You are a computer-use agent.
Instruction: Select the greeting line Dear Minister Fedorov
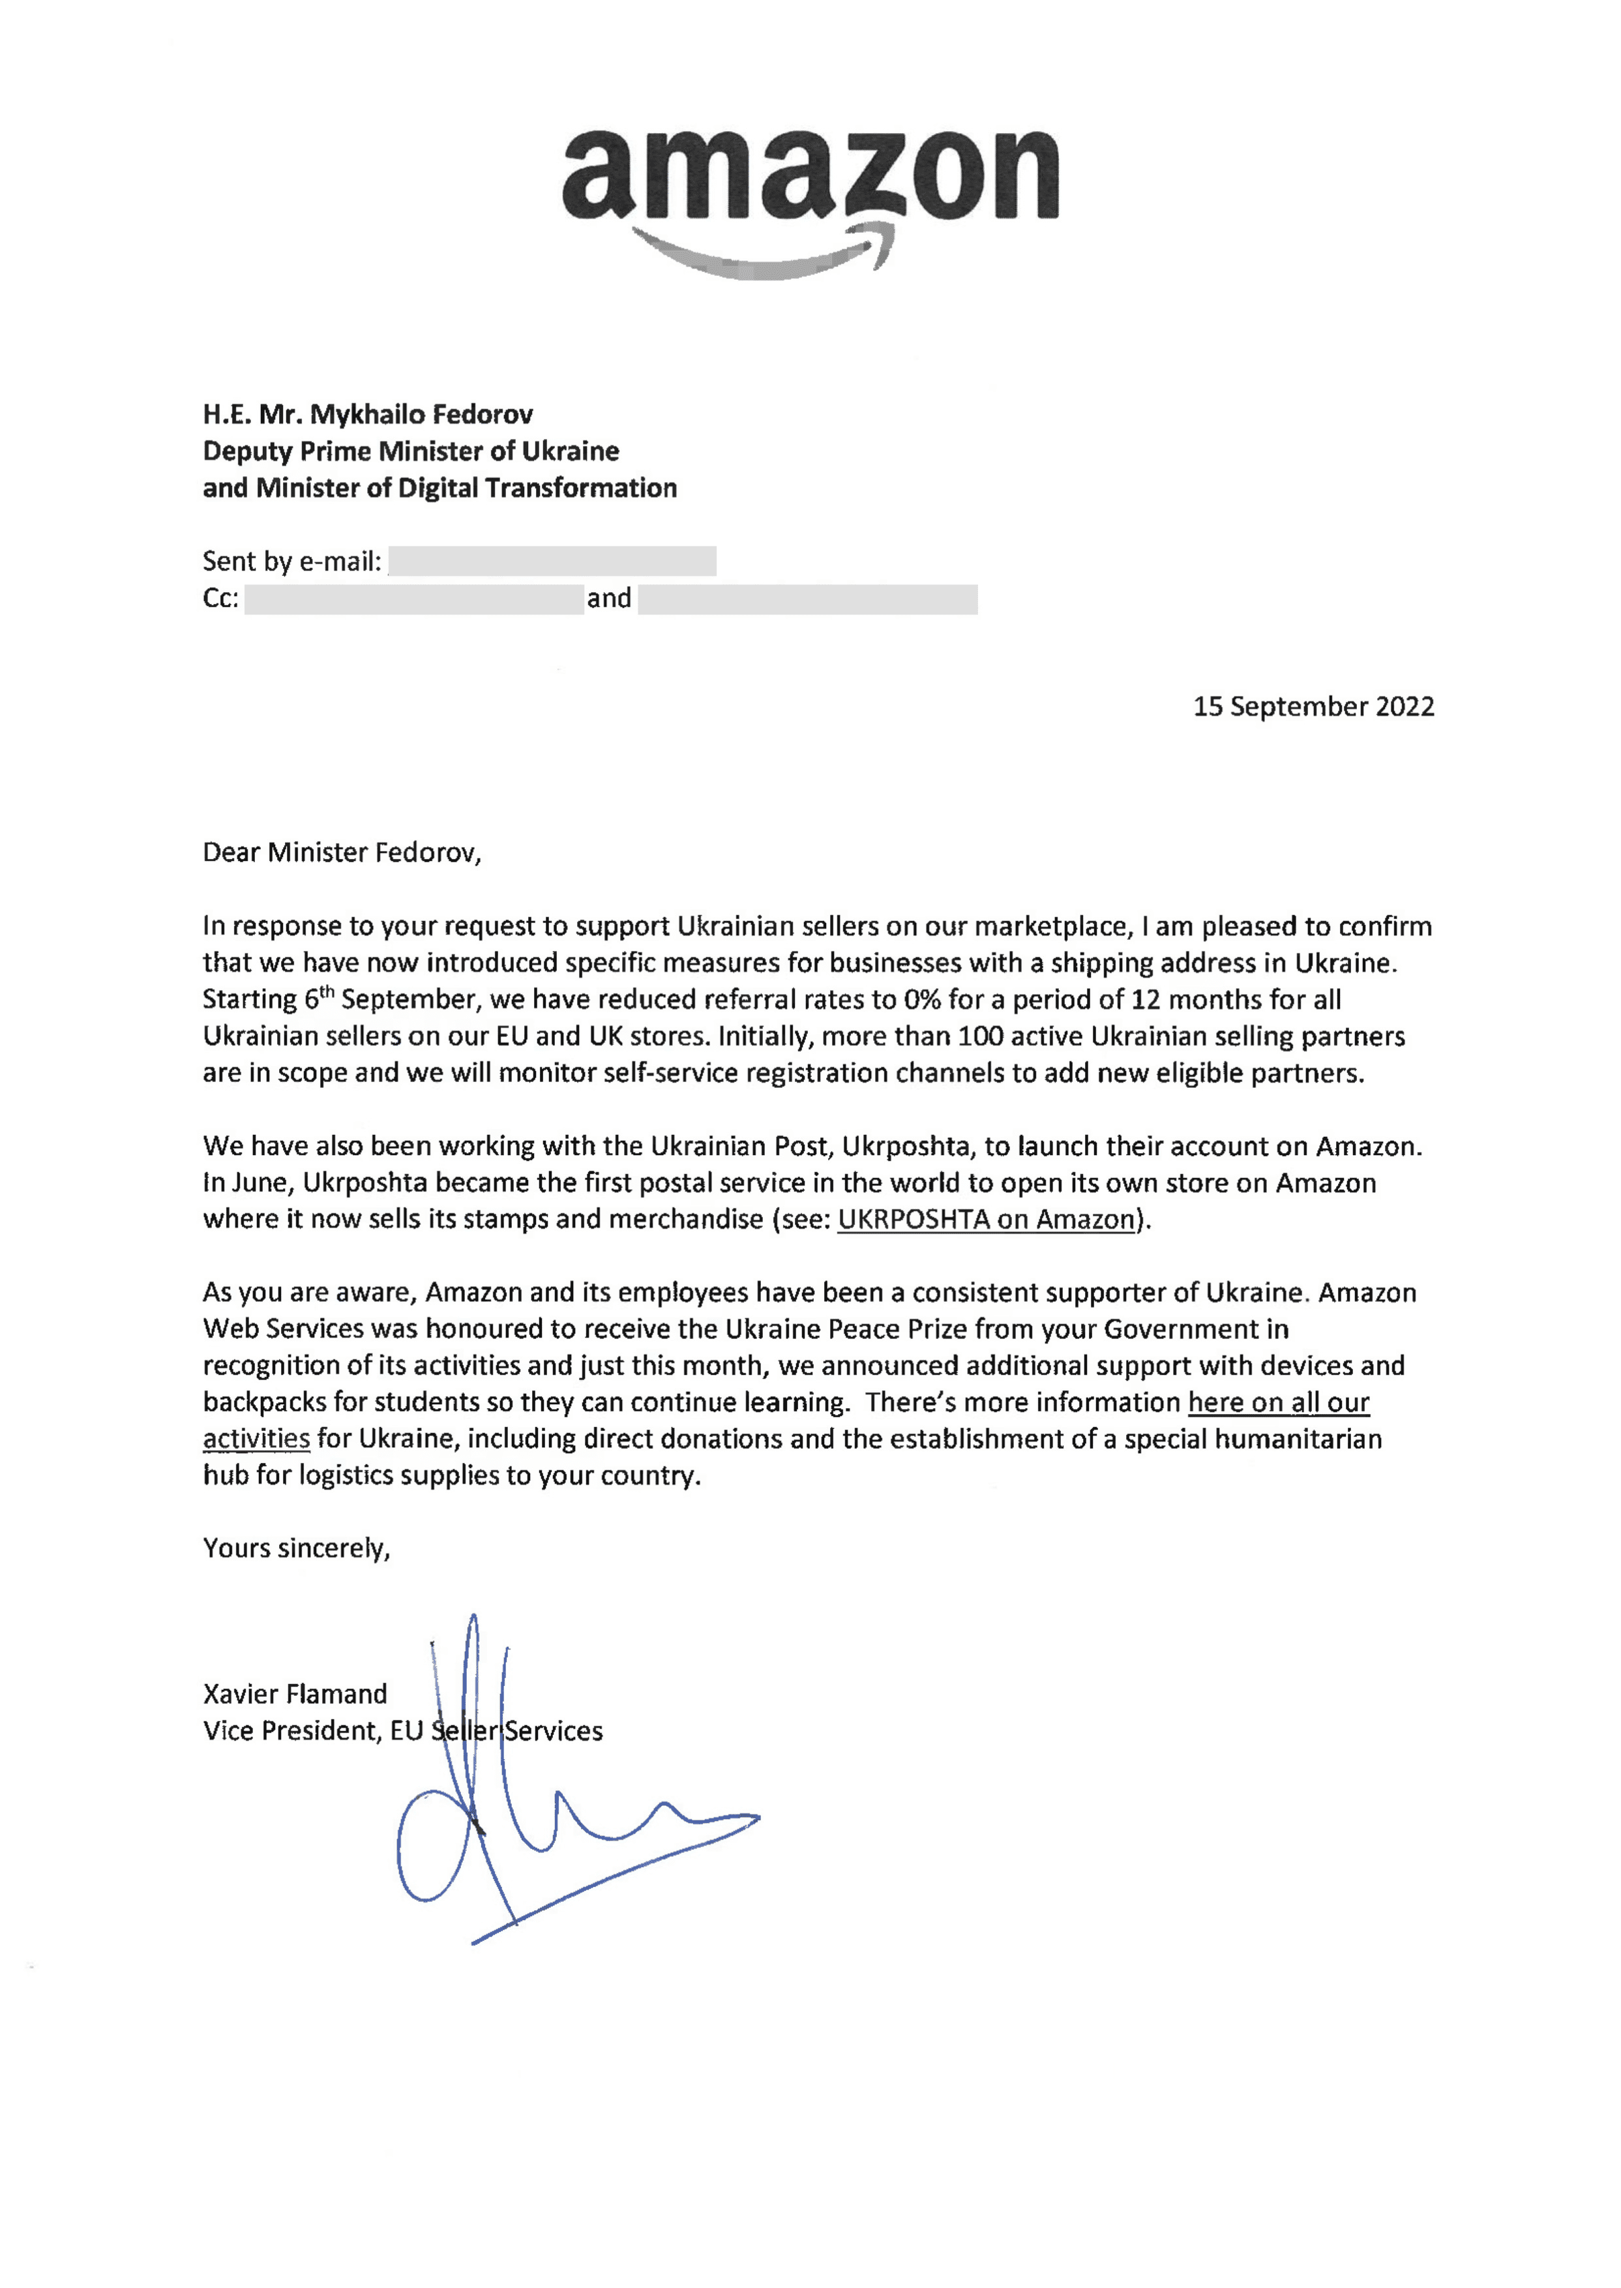342,852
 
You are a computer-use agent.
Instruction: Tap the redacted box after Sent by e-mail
552,561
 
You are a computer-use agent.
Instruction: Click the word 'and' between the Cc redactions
609,598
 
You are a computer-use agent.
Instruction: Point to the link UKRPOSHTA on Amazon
986,1220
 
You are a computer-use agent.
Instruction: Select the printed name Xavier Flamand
295,1694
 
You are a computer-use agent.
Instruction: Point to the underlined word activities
256,1439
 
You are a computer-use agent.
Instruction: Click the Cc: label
220,598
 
